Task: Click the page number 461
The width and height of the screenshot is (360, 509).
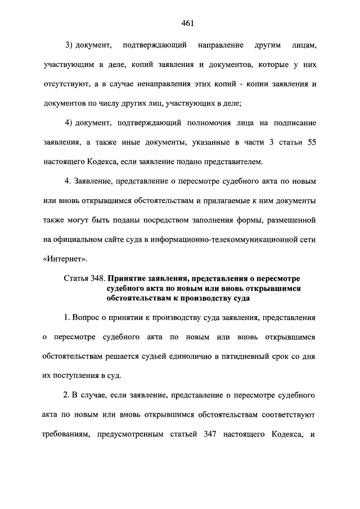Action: (180, 23)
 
